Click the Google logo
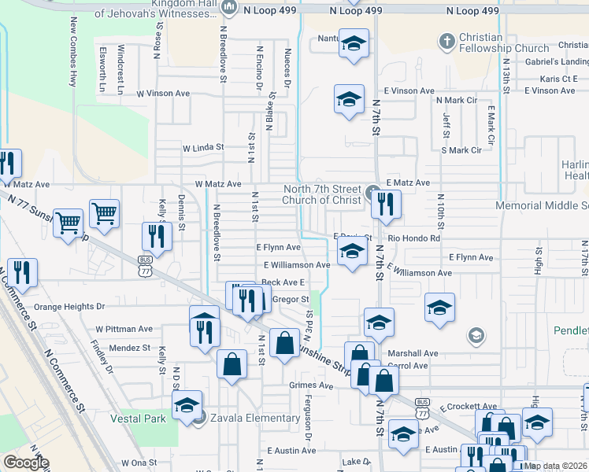[x=25, y=463]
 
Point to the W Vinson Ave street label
[x=163, y=93]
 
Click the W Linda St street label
[x=203, y=147]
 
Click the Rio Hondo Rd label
[x=414, y=238]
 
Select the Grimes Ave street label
[x=311, y=385]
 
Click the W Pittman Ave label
[x=124, y=329]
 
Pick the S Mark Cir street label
[x=461, y=149]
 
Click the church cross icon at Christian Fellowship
[x=446, y=40]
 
